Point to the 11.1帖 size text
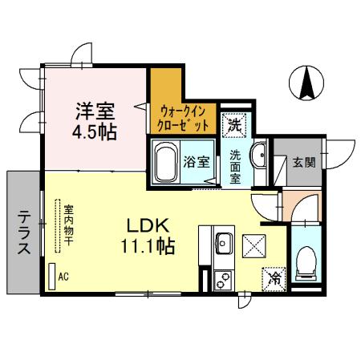(148, 246)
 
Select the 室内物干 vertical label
(68, 223)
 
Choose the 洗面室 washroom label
(235, 168)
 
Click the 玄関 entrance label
(303, 161)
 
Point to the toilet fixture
(306, 261)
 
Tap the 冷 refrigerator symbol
(274, 278)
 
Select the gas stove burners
(221, 280)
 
